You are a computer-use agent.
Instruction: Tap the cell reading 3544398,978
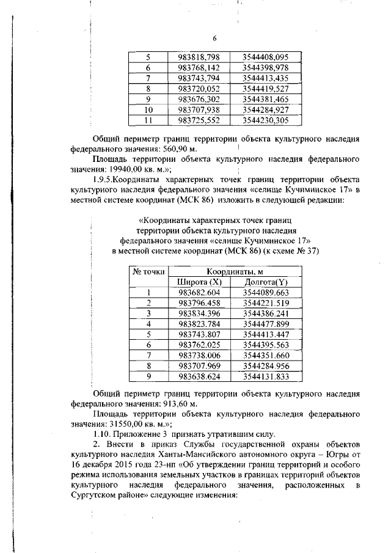pos(265,68)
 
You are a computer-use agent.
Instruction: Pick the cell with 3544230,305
pos(265,120)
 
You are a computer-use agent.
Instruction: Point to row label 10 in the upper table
pos(147,109)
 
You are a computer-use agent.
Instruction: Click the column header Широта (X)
pos(199,282)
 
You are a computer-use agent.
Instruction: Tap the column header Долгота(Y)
pos(265,282)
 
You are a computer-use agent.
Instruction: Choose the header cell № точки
pos(148,271)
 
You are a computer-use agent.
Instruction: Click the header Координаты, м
pos(231,271)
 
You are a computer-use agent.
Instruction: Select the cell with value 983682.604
pos(199,293)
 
